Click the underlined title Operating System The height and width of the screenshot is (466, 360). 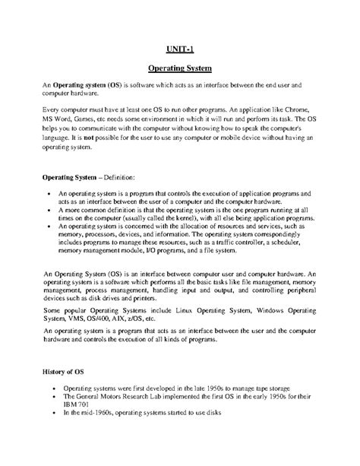[x=179, y=68]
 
